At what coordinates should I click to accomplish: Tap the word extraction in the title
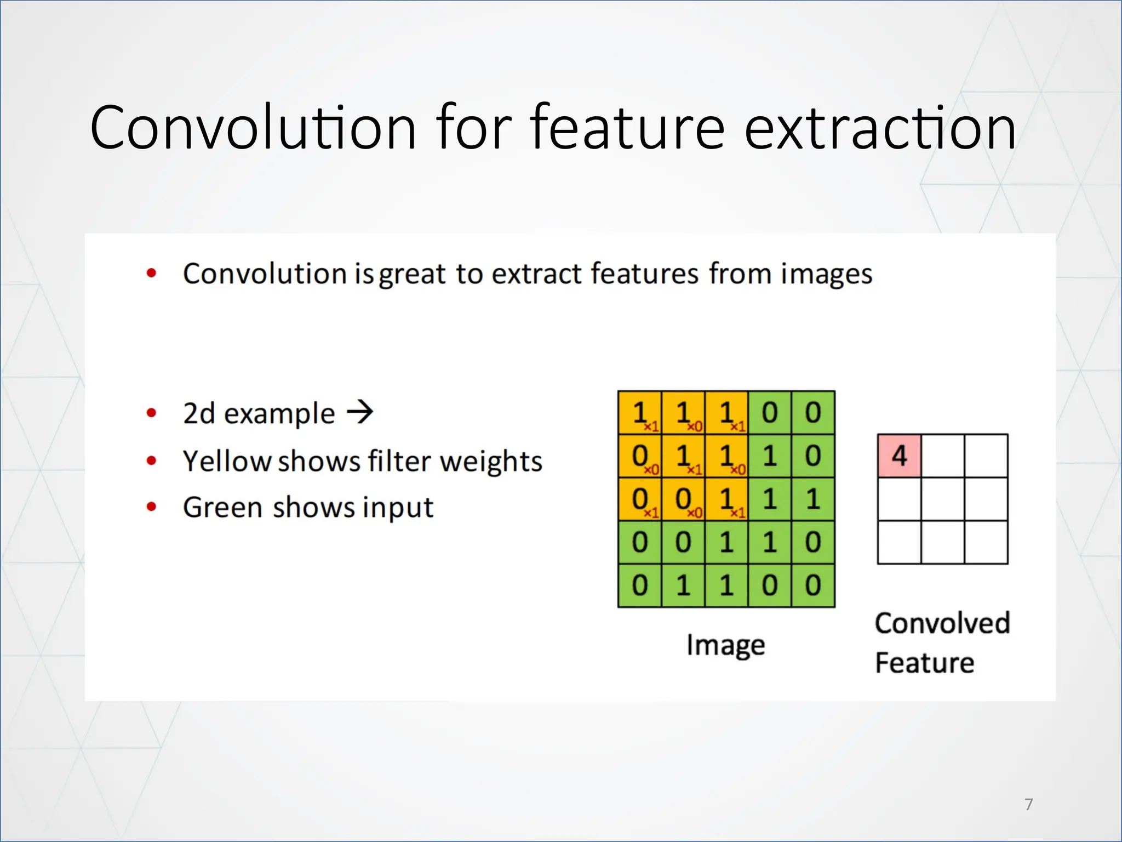pos(880,128)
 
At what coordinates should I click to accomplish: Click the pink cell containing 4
pos(899,456)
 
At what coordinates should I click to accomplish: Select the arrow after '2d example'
pos(360,412)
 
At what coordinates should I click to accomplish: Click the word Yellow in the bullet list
pos(227,461)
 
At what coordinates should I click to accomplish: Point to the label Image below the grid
pos(725,645)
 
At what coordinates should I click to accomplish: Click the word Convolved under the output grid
pos(942,624)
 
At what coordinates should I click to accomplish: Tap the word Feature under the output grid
pos(924,663)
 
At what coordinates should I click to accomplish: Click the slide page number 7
pos(1028,804)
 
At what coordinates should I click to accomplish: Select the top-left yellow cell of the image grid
pos(639,413)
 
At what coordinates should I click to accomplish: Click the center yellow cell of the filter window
pos(683,456)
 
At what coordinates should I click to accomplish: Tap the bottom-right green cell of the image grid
pos(813,585)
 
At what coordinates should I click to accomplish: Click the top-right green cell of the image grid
pos(813,413)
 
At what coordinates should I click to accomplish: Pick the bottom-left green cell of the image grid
pos(639,585)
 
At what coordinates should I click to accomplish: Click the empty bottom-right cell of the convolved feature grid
pos(986,542)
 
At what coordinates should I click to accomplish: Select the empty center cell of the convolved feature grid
pos(942,499)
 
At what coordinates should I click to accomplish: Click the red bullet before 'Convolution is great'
pos(152,273)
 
